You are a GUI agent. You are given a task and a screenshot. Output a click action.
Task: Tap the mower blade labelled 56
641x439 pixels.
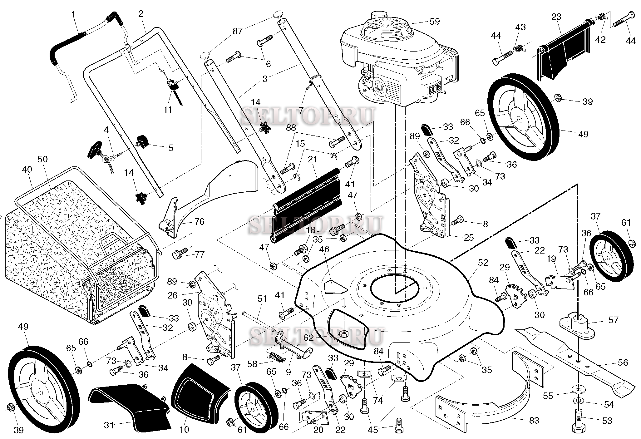coord(578,365)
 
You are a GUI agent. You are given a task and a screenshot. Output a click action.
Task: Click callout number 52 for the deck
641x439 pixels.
coord(483,263)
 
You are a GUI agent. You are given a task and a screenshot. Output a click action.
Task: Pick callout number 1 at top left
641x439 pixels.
coord(74,14)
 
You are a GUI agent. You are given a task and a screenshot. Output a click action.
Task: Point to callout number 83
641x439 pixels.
coord(534,421)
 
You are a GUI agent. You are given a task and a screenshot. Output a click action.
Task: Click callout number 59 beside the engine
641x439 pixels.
coord(435,21)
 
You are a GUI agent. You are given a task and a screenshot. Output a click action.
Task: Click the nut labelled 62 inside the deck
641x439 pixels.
coord(344,334)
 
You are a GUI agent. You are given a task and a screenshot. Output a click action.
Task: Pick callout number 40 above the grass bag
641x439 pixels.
coord(27,170)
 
